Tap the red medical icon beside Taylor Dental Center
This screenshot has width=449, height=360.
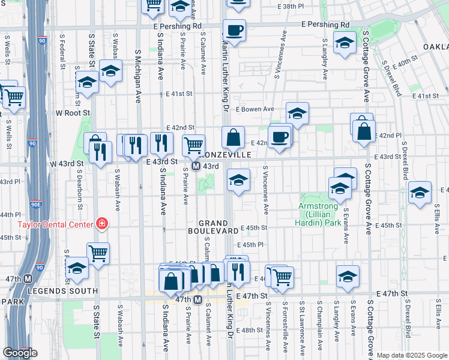click(102, 224)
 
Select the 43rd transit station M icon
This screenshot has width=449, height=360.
click(196, 166)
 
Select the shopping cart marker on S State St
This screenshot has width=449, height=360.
click(98, 252)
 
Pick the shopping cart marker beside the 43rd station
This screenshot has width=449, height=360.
click(193, 144)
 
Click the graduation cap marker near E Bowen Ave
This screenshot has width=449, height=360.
click(297, 112)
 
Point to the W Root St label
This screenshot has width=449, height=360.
click(73, 112)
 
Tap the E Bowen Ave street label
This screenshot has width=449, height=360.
click(255, 109)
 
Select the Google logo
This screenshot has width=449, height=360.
click(20, 353)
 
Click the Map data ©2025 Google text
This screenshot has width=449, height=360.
click(412, 355)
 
